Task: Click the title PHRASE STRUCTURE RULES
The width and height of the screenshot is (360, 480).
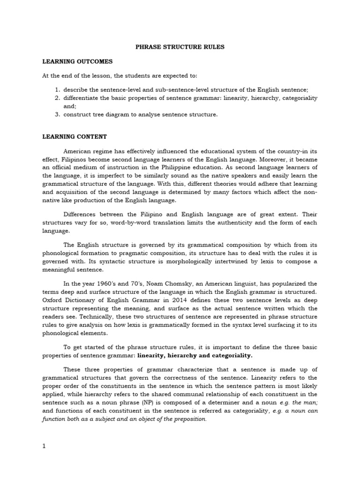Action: (x=180, y=47)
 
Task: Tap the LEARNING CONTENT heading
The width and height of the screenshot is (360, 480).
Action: (x=75, y=136)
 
